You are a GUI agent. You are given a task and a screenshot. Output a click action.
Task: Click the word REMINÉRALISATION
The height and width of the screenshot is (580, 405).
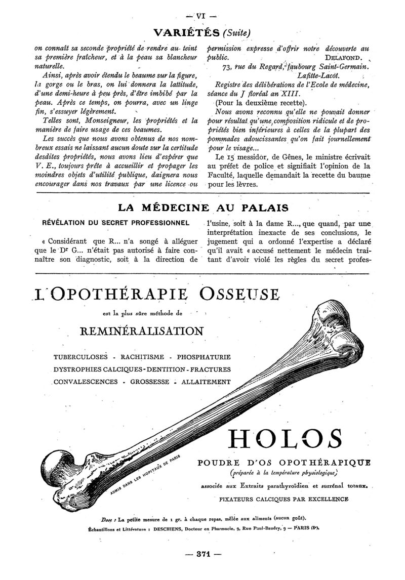[142, 331]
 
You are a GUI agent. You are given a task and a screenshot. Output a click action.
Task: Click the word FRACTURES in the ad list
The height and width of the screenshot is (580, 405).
[209, 369]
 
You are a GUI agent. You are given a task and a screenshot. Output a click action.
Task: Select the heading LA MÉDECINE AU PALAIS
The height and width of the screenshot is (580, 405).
[203, 207]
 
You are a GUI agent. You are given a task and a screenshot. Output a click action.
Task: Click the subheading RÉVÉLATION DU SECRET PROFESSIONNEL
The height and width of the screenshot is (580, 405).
[116, 222]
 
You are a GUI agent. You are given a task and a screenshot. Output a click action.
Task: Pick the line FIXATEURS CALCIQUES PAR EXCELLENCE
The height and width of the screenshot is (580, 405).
[284, 499]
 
